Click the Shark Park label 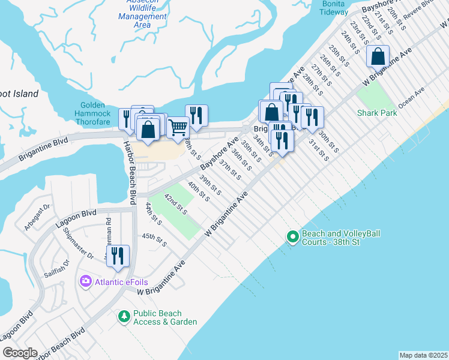click(377, 113)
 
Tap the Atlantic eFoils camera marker click(85, 281)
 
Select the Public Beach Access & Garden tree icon click(124, 316)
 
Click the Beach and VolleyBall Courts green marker click(292, 237)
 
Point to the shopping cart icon click(178, 127)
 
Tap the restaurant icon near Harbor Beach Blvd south click(118, 256)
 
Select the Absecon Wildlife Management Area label click(142, 16)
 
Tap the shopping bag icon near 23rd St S click(378, 57)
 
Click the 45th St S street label click(154, 240)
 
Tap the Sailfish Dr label click(57, 268)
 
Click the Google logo click(20, 353)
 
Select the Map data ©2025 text click(423, 355)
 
